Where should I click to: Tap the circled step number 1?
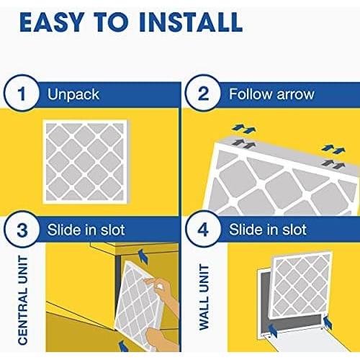pyautogui.click(x=22, y=93)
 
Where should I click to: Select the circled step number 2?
pyautogui.click(x=203, y=93)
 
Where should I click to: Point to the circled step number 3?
pyautogui.click(x=22, y=230)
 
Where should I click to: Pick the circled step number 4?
pyautogui.click(x=203, y=230)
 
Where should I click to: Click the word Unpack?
pyautogui.click(x=73, y=94)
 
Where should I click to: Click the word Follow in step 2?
pyautogui.click(x=251, y=94)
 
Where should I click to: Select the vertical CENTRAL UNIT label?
pyautogui.click(x=23, y=300)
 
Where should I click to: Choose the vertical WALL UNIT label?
pyautogui.click(x=204, y=297)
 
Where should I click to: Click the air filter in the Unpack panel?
pyautogui.click(x=85, y=162)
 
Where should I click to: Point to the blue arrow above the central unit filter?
pyautogui.click(x=143, y=256)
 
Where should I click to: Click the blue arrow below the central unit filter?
pyautogui.click(x=124, y=346)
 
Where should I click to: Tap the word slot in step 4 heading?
pyautogui.click(x=294, y=230)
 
